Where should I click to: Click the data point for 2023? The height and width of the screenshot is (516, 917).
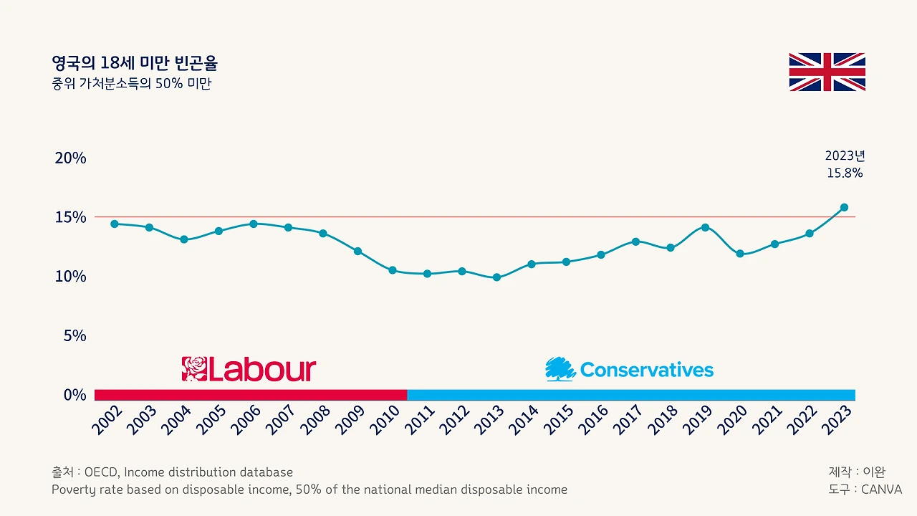[844, 207]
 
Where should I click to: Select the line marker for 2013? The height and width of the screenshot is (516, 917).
[496, 277]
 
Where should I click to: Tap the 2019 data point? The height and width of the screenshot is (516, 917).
[705, 227]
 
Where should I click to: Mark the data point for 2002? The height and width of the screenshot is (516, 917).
[115, 224]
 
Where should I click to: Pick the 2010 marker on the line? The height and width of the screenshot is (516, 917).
[393, 270]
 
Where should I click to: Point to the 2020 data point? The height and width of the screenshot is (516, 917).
[740, 254]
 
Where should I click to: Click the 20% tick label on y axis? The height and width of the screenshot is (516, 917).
[70, 158]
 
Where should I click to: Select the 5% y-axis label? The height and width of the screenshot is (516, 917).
[75, 336]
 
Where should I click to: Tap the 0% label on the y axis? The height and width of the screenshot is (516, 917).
[75, 395]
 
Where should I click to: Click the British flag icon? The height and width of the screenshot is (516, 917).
[827, 72]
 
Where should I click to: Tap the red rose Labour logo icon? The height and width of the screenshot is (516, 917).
[194, 369]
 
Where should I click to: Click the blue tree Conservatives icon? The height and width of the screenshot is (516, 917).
[560, 369]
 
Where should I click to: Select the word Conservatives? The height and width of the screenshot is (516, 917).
[647, 370]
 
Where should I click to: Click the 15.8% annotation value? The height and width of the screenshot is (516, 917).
[845, 173]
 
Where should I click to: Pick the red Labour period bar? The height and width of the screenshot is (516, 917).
[251, 395]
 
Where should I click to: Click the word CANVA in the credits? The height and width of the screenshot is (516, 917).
[881, 489]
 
